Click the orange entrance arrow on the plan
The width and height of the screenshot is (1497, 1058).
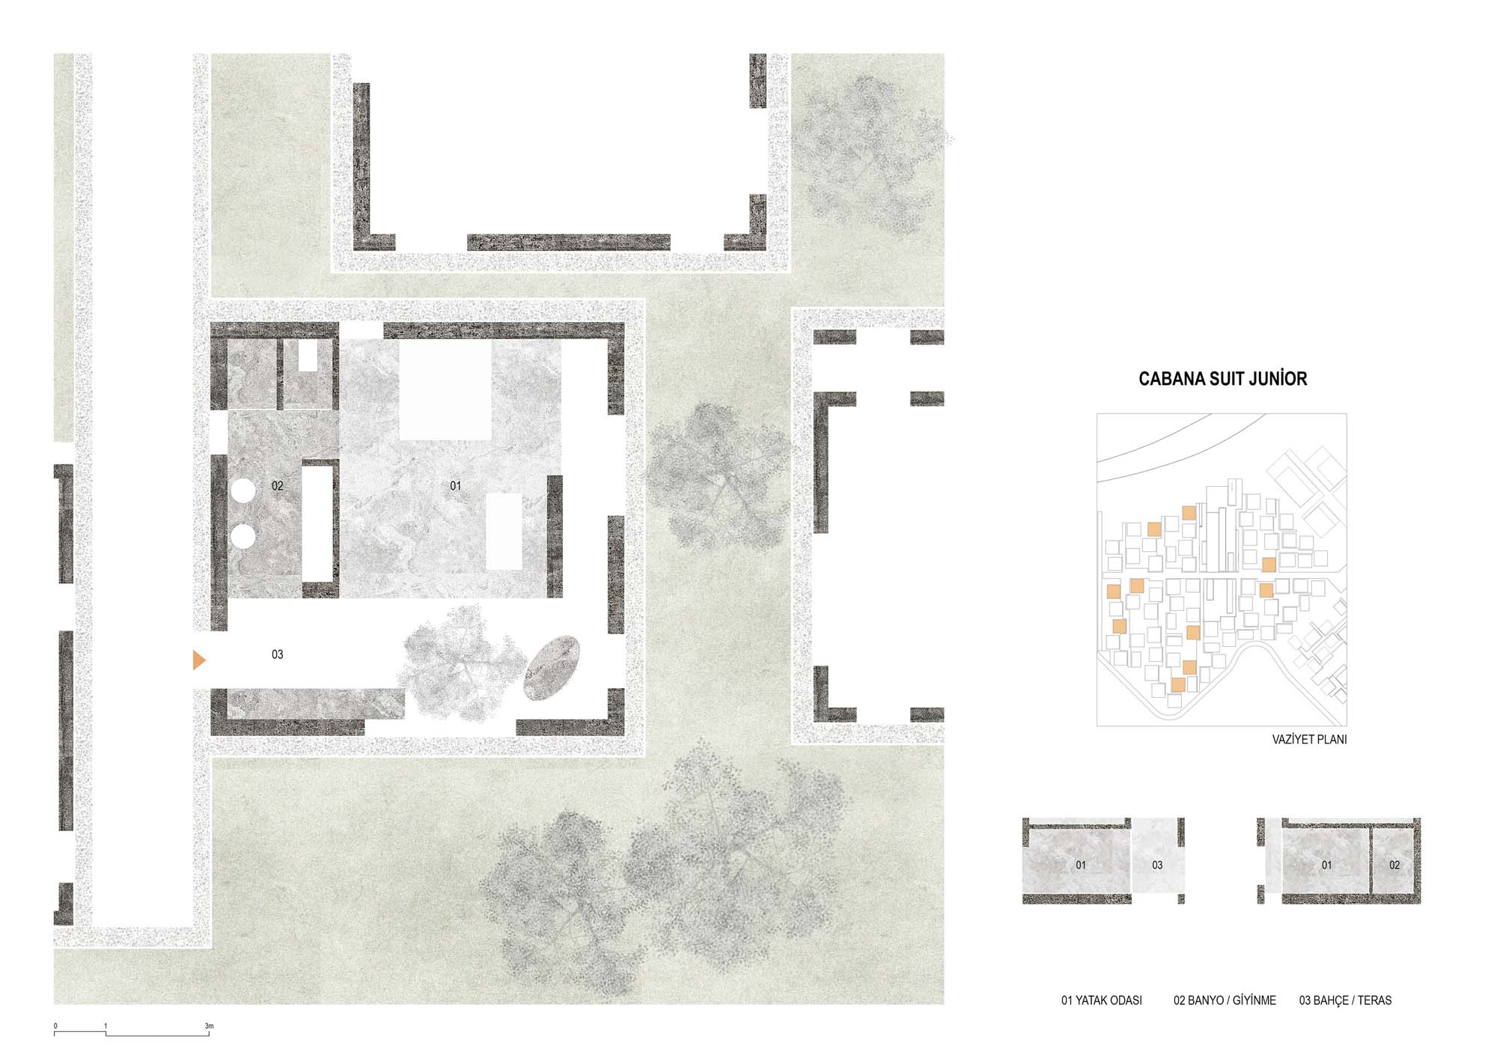tap(198, 660)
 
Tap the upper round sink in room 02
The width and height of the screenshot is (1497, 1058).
tap(243, 491)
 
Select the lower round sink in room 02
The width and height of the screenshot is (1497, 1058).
tap(243, 536)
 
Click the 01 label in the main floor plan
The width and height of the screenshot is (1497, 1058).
tap(455, 486)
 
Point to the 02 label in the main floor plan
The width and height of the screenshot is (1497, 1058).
tap(277, 486)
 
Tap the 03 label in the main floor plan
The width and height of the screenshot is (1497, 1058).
tap(277, 654)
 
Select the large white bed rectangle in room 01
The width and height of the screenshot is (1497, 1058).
tap(445, 390)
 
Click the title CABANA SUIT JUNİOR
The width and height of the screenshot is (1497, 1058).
tap(1222, 379)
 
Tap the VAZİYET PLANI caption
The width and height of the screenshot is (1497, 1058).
tap(1309, 739)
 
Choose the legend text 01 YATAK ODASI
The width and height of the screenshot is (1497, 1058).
tap(1101, 1000)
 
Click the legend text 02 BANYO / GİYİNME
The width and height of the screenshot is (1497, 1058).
tap(1225, 1000)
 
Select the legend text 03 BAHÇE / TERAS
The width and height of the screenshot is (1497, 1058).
tap(1345, 1000)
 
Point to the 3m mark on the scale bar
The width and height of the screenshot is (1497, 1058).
tap(209, 1026)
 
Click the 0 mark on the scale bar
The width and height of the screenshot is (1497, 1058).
tap(55, 1026)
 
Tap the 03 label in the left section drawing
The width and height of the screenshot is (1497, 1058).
tap(1157, 865)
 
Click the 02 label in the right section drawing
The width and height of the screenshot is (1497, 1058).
tap(1394, 865)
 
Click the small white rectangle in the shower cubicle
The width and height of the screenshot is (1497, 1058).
tap(308, 356)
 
